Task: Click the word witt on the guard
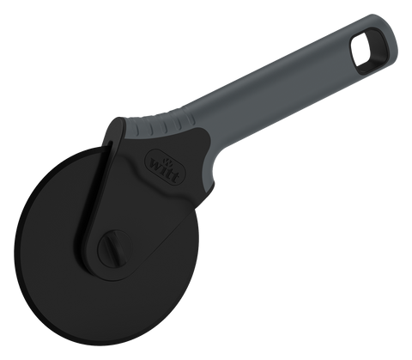click(165, 169)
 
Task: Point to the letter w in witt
click(156, 165)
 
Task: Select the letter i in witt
click(165, 169)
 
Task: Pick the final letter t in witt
click(176, 177)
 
